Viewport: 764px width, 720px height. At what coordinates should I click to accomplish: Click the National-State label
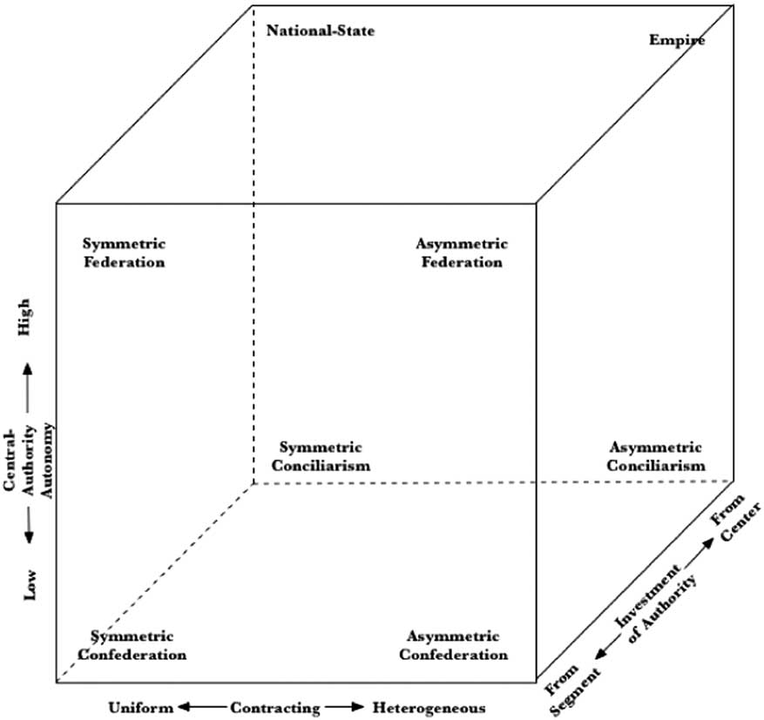320,31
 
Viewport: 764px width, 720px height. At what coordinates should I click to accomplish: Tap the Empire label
677,39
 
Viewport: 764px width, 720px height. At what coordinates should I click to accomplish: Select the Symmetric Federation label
124,252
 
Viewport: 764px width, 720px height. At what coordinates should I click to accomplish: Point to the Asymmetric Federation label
461,252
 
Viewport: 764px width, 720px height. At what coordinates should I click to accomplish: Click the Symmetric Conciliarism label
320,456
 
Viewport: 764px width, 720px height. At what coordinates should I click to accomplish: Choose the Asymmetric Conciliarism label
656,456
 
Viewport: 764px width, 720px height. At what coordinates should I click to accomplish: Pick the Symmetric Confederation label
132,645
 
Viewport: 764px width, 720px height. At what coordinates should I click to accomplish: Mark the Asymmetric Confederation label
454,645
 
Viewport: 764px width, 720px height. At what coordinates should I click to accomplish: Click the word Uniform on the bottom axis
135,708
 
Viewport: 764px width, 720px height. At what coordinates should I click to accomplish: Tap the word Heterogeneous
429,708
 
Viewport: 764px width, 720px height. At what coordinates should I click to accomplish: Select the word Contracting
275,708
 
